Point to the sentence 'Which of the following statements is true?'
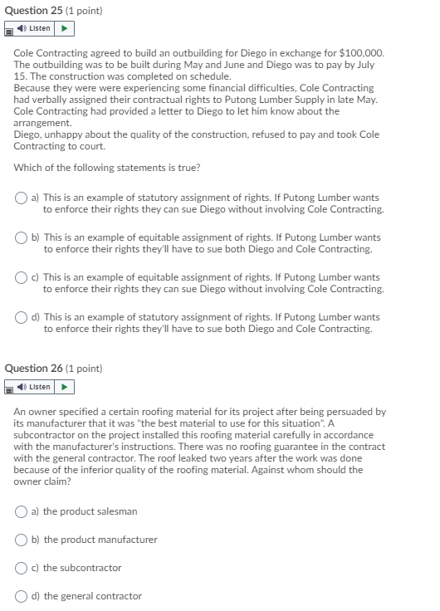pyautogui.click(x=107, y=167)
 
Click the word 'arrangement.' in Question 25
pyautogui.click(x=39, y=122)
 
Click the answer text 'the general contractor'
pyautogui.click(x=92, y=596)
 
